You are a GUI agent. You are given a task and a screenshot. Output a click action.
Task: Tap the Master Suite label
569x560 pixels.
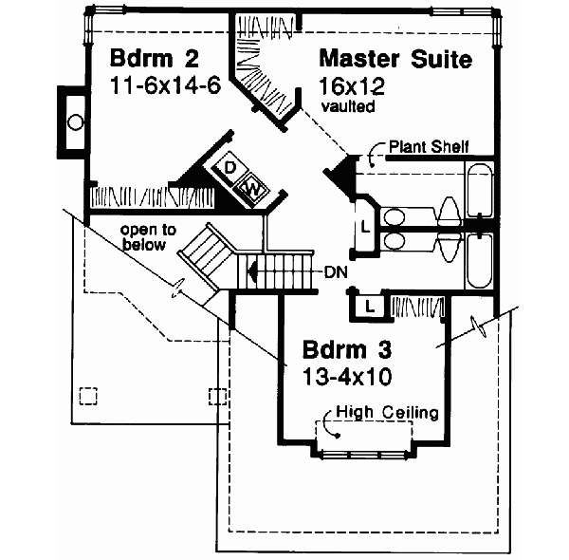pyautogui.click(x=395, y=60)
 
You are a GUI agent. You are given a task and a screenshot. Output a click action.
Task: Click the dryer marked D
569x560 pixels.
pyautogui.click(x=230, y=168)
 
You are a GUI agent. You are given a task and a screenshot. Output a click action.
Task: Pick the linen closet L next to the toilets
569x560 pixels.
pyautogui.click(x=365, y=226)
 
